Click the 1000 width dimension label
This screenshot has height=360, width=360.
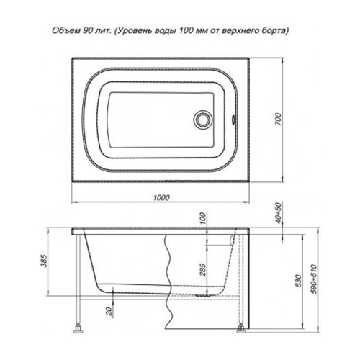click(161, 197)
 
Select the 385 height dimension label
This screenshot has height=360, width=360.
click(45, 261)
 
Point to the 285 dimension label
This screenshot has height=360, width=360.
click(203, 269)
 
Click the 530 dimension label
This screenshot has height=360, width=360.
click(297, 281)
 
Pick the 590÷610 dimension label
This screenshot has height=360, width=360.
click(314, 279)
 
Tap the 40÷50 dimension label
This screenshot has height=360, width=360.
click(278, 213)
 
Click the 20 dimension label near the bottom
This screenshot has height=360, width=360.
click(109, 311)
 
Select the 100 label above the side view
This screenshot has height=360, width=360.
click(203, 218)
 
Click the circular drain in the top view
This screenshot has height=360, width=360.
click(202, 119)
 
